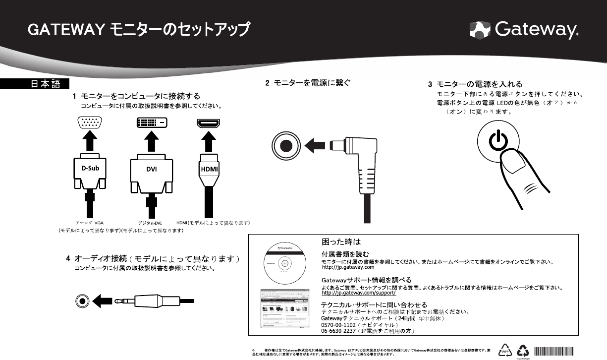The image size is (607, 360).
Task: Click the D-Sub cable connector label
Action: [90, 168]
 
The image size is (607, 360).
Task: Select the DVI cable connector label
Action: [152, 169]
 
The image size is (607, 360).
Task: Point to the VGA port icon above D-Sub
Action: [90, 122]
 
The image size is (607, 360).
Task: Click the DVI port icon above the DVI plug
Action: [151, 122]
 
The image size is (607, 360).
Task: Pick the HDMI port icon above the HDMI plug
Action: [209, 122]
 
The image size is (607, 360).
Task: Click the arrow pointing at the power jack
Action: [316, 146]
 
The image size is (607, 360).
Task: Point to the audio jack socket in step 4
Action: [83, 301]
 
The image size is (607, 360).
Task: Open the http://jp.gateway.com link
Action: [348, 267]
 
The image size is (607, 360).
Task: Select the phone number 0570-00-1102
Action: [338, 325]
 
